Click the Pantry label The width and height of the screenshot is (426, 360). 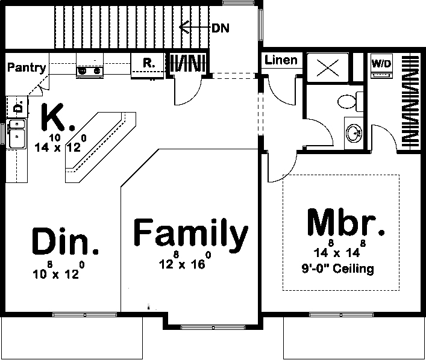click(x=27, y=67)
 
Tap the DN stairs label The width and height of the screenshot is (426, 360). click(x=221, y=28)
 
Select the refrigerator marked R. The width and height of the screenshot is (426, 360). click(x=147, y=63)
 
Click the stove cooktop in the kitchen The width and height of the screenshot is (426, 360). click(x=89, y=72)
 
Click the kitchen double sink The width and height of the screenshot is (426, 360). click(x=17, y=133)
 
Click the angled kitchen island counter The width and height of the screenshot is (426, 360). click(x=99, y=147)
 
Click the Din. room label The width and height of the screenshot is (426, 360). click(x=65, y=242)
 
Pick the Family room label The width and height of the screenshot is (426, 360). click(x=190, y=234)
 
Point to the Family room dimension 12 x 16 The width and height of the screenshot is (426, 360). click(x=185, y=262)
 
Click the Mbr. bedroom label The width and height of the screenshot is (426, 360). click(x=345, y=224)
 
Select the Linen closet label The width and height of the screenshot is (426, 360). click(x=281, y=60)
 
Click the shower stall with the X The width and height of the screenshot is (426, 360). click(x=328, y=66)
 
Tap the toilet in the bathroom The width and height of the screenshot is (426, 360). click(x=349, y=101)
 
